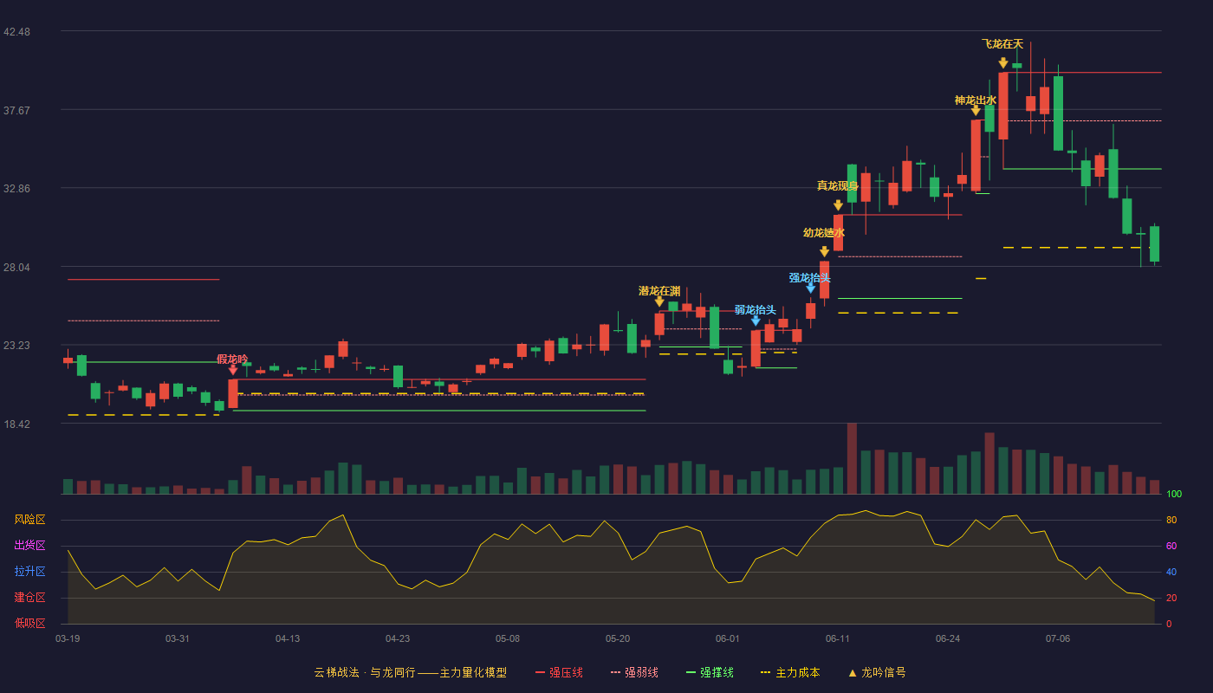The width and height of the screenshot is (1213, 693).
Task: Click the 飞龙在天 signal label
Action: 1002,44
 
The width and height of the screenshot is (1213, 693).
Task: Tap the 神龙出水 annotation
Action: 976,100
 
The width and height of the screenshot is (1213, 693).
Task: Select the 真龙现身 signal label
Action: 838,185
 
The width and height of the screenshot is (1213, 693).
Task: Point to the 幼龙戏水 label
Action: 824,233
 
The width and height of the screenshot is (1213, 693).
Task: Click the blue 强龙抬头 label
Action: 809,278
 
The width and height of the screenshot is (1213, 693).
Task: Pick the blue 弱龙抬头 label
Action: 756,310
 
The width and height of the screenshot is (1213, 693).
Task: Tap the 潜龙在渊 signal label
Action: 659,291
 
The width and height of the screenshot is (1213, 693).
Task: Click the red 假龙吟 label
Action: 232,359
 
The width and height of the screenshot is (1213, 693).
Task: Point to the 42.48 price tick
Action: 16,31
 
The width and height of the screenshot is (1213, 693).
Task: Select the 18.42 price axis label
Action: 16,424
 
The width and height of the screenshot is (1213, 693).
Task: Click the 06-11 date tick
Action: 838,639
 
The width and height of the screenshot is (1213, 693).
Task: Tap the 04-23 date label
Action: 398,639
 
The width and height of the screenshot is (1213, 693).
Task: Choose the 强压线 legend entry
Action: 559,672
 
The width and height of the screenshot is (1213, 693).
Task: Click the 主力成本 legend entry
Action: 790,672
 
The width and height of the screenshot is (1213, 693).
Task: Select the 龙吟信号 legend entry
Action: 877,672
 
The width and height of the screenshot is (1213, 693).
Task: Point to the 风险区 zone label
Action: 29,519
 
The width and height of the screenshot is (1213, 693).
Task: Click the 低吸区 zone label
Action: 29,623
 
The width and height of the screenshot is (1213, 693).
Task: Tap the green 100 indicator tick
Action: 1174,494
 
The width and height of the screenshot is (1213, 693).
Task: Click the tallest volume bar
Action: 852,458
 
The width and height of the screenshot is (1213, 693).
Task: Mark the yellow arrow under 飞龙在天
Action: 1003,62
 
